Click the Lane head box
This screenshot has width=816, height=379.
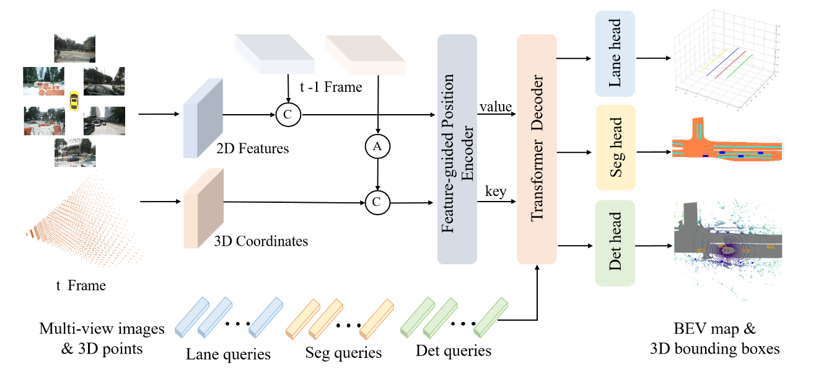(x=615, y=53)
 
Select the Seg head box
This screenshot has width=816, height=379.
(x=616, y=148)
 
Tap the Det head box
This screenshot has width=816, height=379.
(x=615, y=243)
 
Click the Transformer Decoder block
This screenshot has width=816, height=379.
(x=537, y=149)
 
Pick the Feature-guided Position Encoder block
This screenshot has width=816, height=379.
(x=457, y=149)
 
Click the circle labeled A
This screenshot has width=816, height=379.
(x=377, y=146)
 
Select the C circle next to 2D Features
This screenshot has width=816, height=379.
(x=288, y=115)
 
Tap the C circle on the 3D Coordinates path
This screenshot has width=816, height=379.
(x=377, y=202)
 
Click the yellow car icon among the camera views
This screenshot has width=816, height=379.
(x=74, y=100)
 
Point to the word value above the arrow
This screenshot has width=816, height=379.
(x=496, y=107)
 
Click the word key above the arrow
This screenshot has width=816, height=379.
(x=496, y=192)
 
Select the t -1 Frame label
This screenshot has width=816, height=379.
(x=331, y=87)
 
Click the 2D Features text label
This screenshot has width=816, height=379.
(x=252, y=148)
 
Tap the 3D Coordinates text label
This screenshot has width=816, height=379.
(x=261, y=241)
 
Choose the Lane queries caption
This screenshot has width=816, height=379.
(x=228, y=354)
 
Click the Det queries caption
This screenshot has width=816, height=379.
(x=454, y=350)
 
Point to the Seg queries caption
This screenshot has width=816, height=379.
(x=343, y=353)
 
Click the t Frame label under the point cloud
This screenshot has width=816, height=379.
(x=81, y=285)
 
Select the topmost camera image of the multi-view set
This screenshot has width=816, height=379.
(x=75, y=48)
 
